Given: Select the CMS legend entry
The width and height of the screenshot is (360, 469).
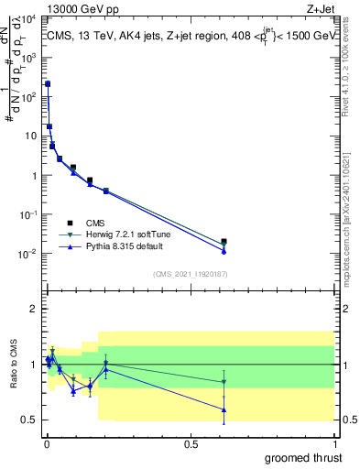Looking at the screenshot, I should click(x=95, y=223).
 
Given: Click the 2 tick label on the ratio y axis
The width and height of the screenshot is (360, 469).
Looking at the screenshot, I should click(x=34, y=309).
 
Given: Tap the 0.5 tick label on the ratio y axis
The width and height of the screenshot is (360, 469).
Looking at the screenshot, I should click(x=30, y=420).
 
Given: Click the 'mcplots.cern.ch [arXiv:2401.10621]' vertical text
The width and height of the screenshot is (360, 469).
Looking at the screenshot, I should click(x=352, y=206).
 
